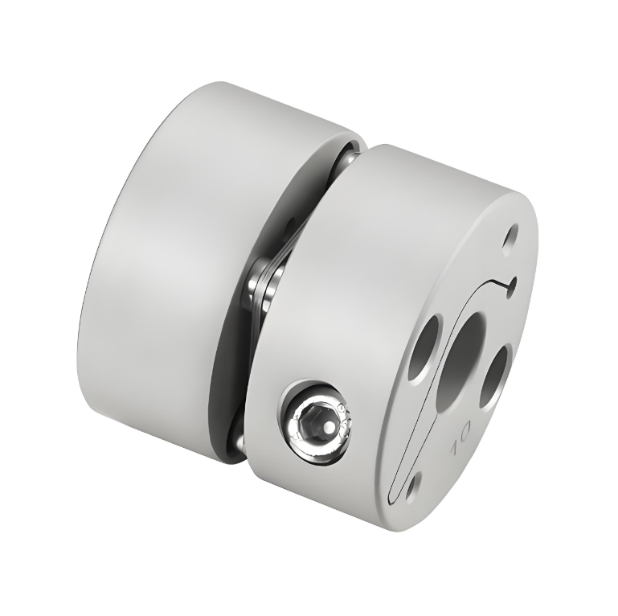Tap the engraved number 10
pyautogui.click(x=461, y=441)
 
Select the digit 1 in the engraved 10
pyautogui.click(x=456, y=449)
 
